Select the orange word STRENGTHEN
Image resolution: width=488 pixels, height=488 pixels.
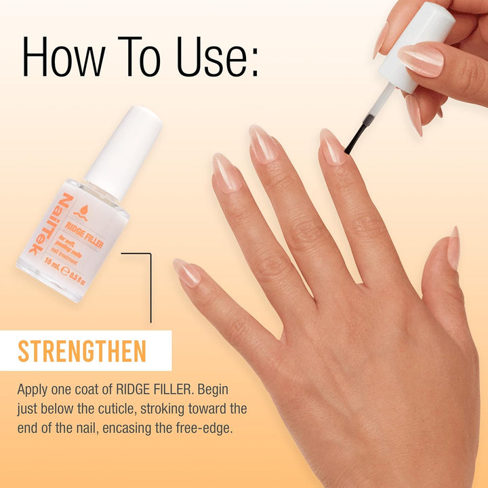[x=82, y=351]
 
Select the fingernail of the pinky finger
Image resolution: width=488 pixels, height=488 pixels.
[x=186, y=271]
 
